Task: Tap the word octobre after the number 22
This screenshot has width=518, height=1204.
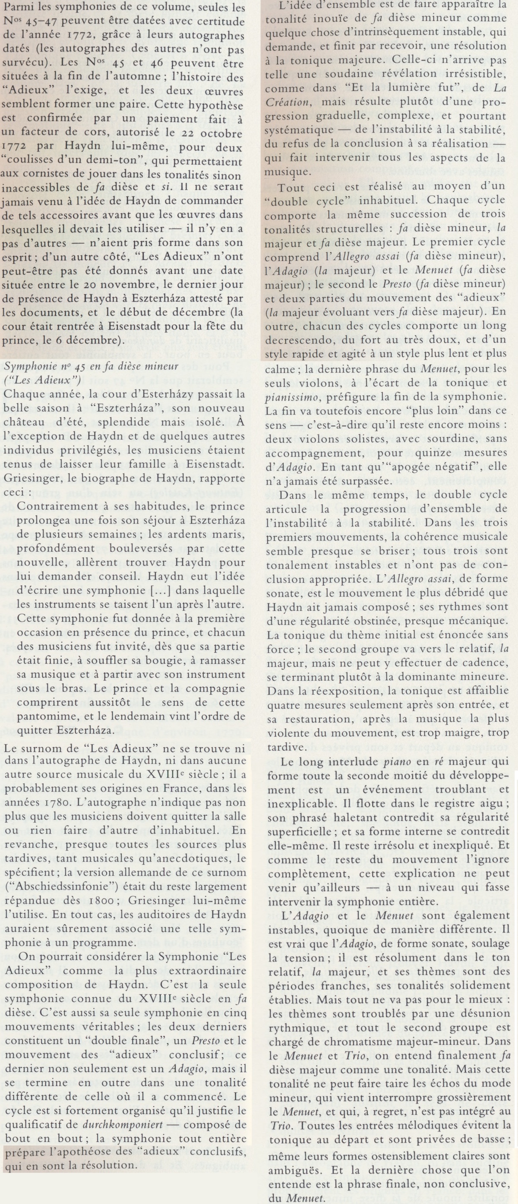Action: [220, 134]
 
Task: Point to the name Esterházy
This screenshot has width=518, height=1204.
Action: [159, 394]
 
